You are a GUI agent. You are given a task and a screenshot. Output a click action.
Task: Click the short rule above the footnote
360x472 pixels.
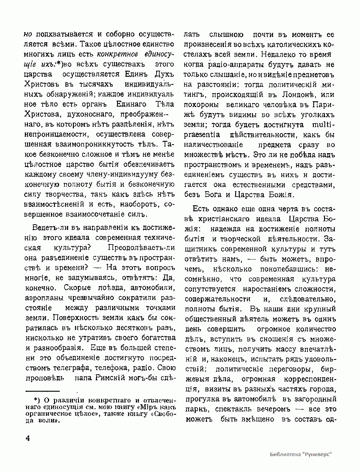(x=42, y=391)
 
